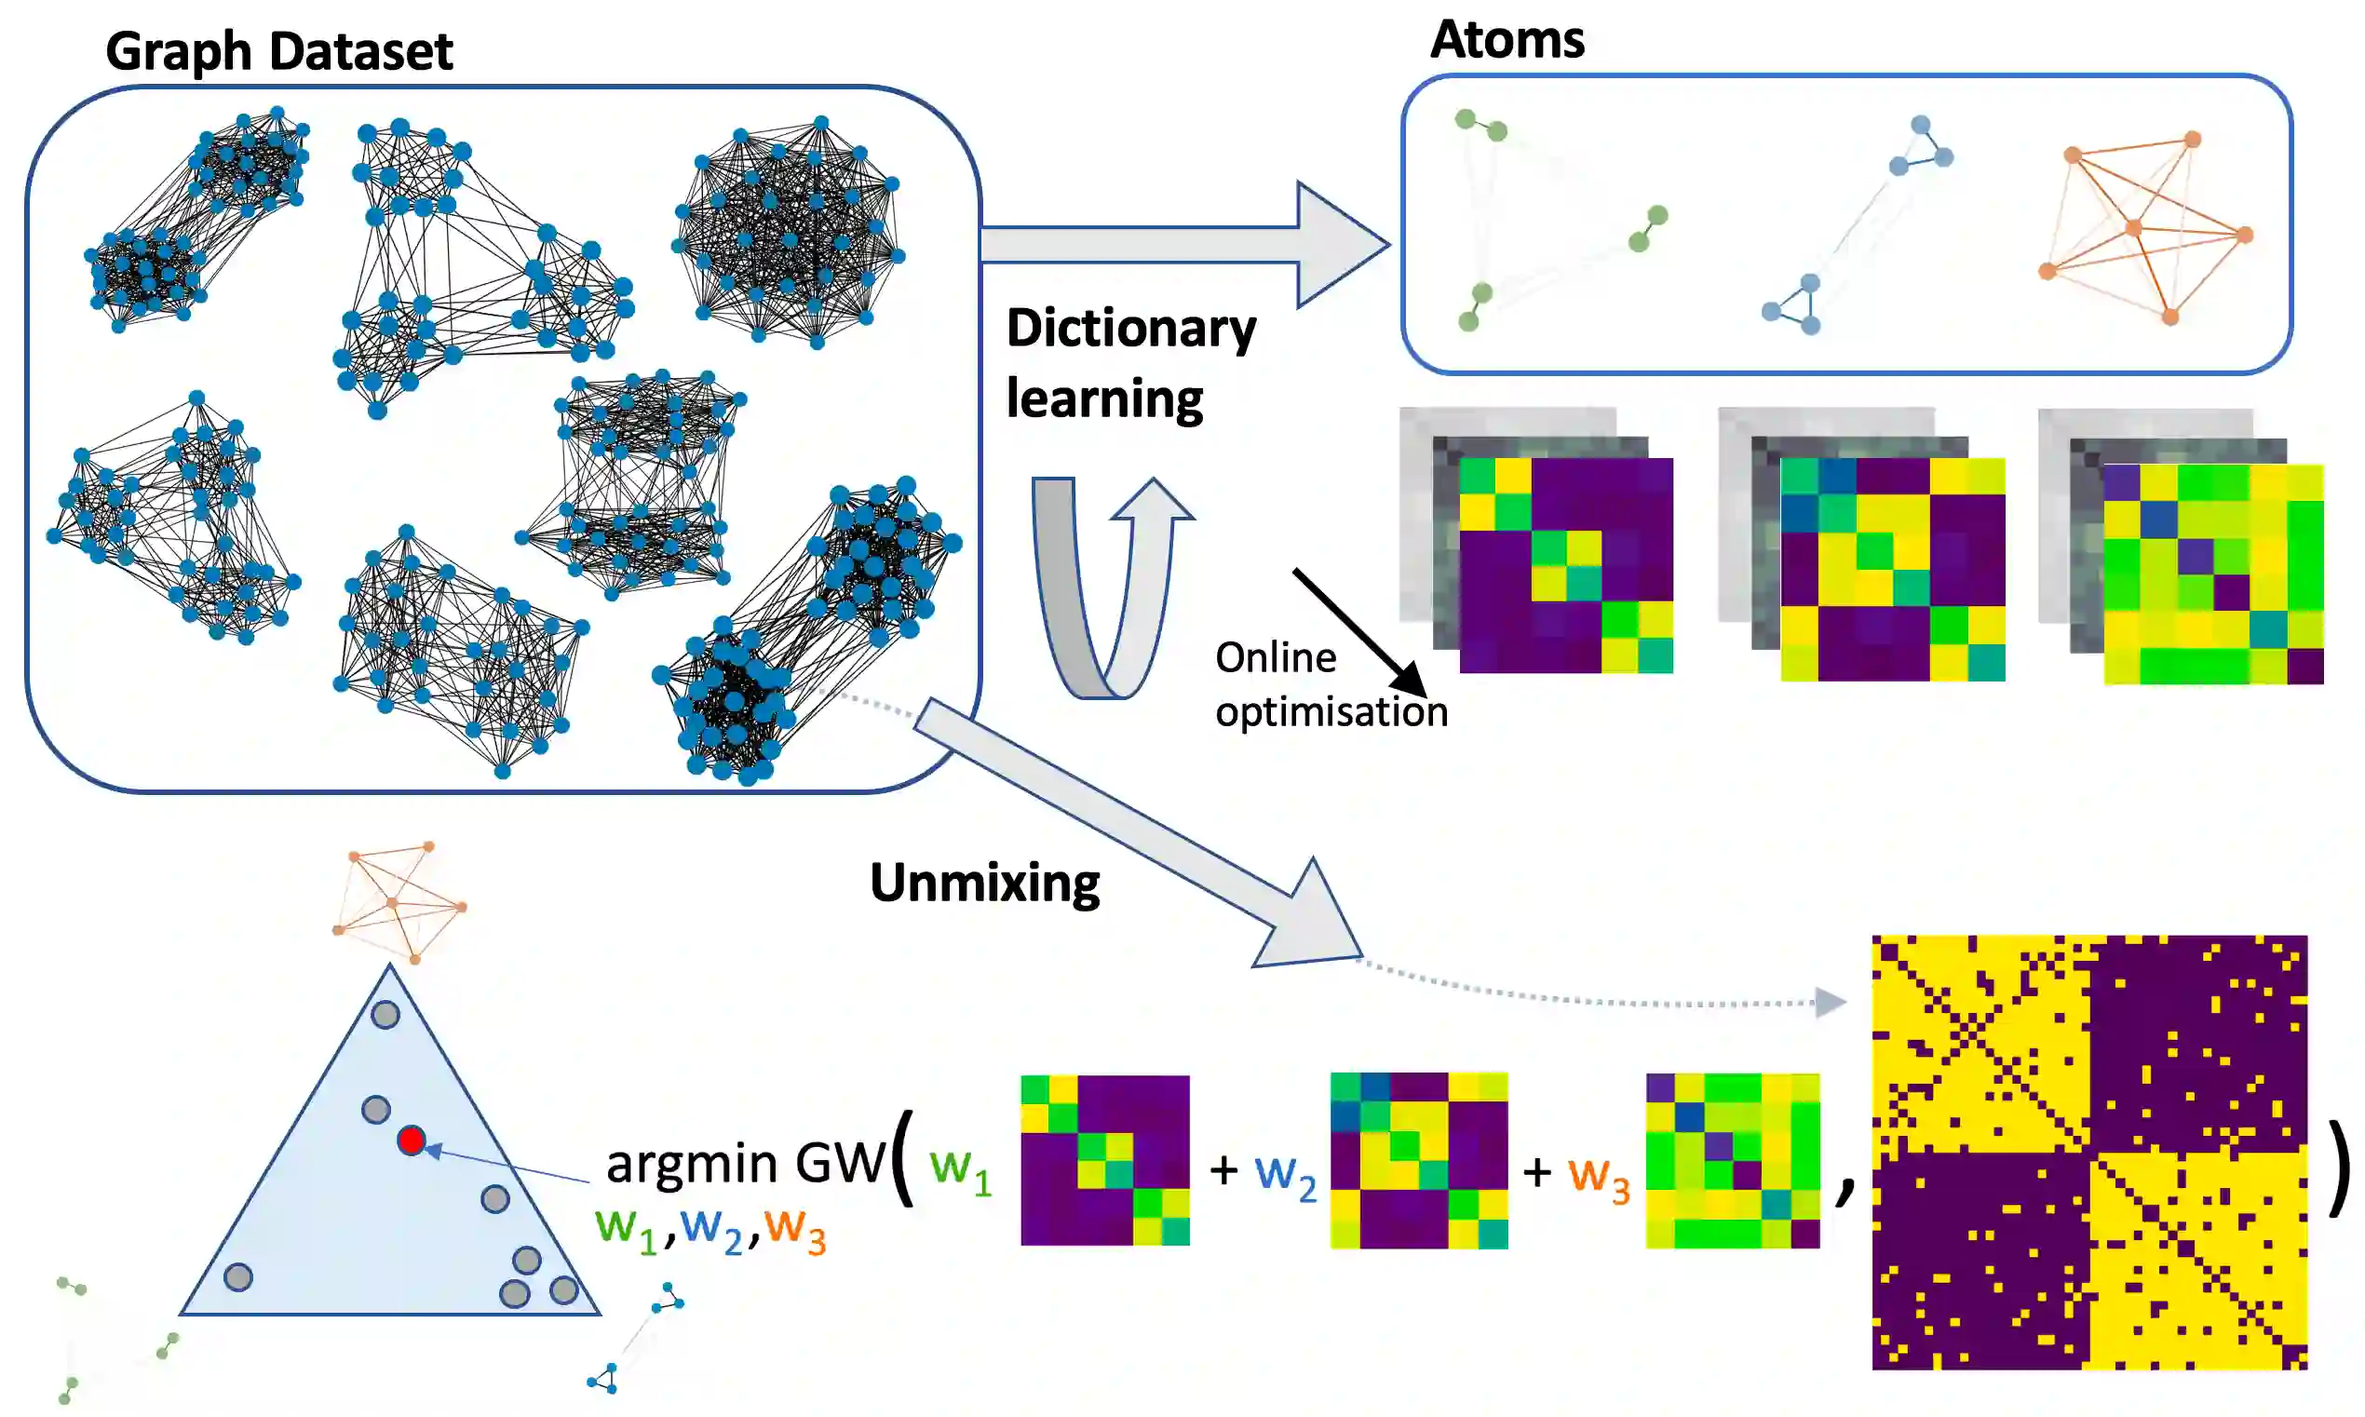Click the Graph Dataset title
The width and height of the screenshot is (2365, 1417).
[x=278, y=51]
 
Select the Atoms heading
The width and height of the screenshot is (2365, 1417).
[x=1507, y=40]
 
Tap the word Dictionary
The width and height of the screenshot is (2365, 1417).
[x=1131, y=330]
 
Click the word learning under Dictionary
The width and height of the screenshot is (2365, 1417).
[x=1104, y=399]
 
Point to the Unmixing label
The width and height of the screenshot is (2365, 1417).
[x=984, y=883]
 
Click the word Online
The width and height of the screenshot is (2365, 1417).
[x=1275, y=658]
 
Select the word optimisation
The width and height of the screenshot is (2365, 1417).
[x=1331, y=712]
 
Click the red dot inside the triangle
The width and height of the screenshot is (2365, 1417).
[x=412, y=1140]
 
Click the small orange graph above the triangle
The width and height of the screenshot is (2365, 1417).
[x=399, y=901]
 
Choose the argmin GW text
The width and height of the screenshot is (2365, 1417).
[x=746, y=1163]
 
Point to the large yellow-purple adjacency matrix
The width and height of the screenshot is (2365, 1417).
[x=2089, y=1153]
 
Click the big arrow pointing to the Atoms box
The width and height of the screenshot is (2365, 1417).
[x=1184, y=245]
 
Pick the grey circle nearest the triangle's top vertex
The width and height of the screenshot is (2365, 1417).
[x=385, y=1014]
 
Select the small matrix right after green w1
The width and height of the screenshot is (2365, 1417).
[x=1104, y=1160]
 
